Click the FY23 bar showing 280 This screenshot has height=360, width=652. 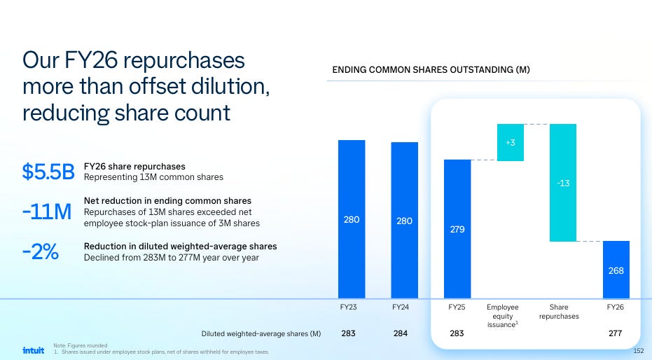click(x=352, y=219)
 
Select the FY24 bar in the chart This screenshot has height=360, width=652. click(x=404, y=221)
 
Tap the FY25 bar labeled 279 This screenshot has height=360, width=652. click(x=457, y=229)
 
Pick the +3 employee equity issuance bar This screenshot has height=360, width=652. click(x=511, y=142)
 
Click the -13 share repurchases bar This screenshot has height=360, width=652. click(x=563, y=183)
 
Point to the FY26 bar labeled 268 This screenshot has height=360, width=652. click(x=616, y=270)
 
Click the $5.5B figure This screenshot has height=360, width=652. click(x=48, y=172)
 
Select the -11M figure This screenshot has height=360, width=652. click(x=47, y=212)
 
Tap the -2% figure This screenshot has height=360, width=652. click(x=41, y=251)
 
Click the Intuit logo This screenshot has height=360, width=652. click(x=34, y=350)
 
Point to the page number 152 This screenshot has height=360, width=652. click(x=638, y=351)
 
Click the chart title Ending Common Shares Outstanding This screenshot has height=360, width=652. click(x=431, y=70)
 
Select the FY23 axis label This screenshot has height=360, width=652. click(x=349, y=307)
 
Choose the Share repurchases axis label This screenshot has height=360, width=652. click(x=559, y=312)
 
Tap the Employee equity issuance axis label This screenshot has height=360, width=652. click(x=503, y=315)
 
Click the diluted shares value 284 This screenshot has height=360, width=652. click(x=401, y=333)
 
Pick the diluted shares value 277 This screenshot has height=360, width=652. click(x=616, y=333)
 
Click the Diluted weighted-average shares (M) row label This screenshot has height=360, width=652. click(x=261, y=334)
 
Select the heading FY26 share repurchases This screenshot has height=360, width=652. click(x=134, y=166)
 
